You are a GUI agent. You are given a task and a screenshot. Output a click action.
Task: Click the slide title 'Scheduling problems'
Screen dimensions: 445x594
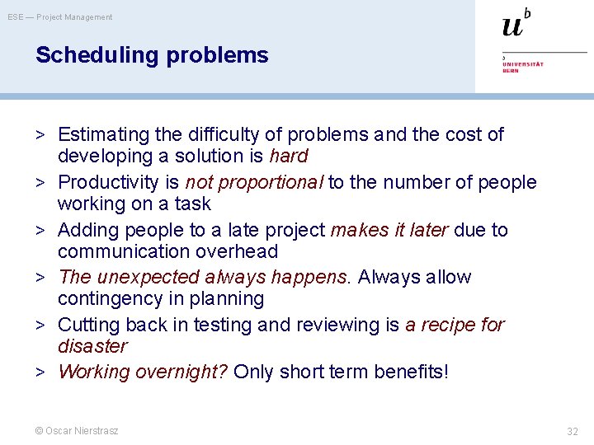tap(152, 55)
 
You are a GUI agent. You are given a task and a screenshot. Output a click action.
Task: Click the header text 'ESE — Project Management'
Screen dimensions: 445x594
tap(60, 16)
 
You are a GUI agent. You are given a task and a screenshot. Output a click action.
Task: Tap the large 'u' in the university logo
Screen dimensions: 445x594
tap(512, 26)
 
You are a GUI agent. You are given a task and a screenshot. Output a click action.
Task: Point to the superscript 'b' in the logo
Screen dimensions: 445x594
tap(527, 13)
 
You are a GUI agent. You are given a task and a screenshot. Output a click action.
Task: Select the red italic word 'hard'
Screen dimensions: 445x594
tap(288, 156)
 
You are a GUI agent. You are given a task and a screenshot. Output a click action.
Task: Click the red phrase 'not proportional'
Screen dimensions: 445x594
tap(254, 182)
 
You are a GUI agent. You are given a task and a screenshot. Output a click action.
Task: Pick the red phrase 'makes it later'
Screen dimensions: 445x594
tap(389, 230)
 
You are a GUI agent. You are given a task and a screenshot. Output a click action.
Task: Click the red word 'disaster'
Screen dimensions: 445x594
tap(92, 346)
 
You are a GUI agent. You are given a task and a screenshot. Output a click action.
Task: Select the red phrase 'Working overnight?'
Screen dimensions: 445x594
tap(143, 372)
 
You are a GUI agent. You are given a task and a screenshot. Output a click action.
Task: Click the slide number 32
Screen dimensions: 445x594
tap(573, 431)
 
